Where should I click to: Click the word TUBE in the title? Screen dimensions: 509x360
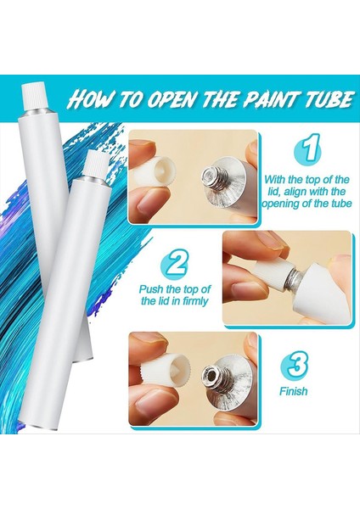323,100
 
